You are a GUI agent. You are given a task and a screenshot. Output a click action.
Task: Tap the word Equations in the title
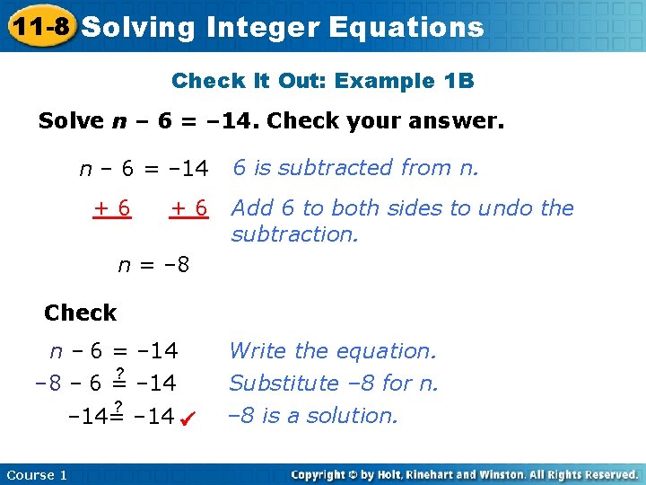pyautogui.click(x=406, y=28)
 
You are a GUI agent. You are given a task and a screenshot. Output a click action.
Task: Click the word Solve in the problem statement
pyautogui.click(x=71, y=121)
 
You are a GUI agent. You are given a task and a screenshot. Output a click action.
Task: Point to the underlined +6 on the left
pyautogui.click(x=113, y=208)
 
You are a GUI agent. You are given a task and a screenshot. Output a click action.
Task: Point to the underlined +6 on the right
pyautogui.click(x=189, y=208)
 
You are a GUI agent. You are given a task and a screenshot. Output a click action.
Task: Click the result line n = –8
pyautogui.click(x=154, y=266)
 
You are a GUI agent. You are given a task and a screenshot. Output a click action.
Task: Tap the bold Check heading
pyautogui.click(x=80, y=313)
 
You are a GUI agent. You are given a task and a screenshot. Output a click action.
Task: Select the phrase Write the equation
pyautogui.click(x=333, y=351)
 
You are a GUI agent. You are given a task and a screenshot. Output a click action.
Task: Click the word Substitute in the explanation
pyautogui.click(x=284, y=384)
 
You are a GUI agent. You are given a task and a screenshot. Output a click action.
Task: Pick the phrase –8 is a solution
pyautogui.click(x=313, y=416)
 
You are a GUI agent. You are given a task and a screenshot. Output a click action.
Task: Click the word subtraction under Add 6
pyautogui.click(x=294, y=234)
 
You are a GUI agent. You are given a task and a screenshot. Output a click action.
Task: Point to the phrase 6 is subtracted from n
pyautogui.click(x=356, y=168)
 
